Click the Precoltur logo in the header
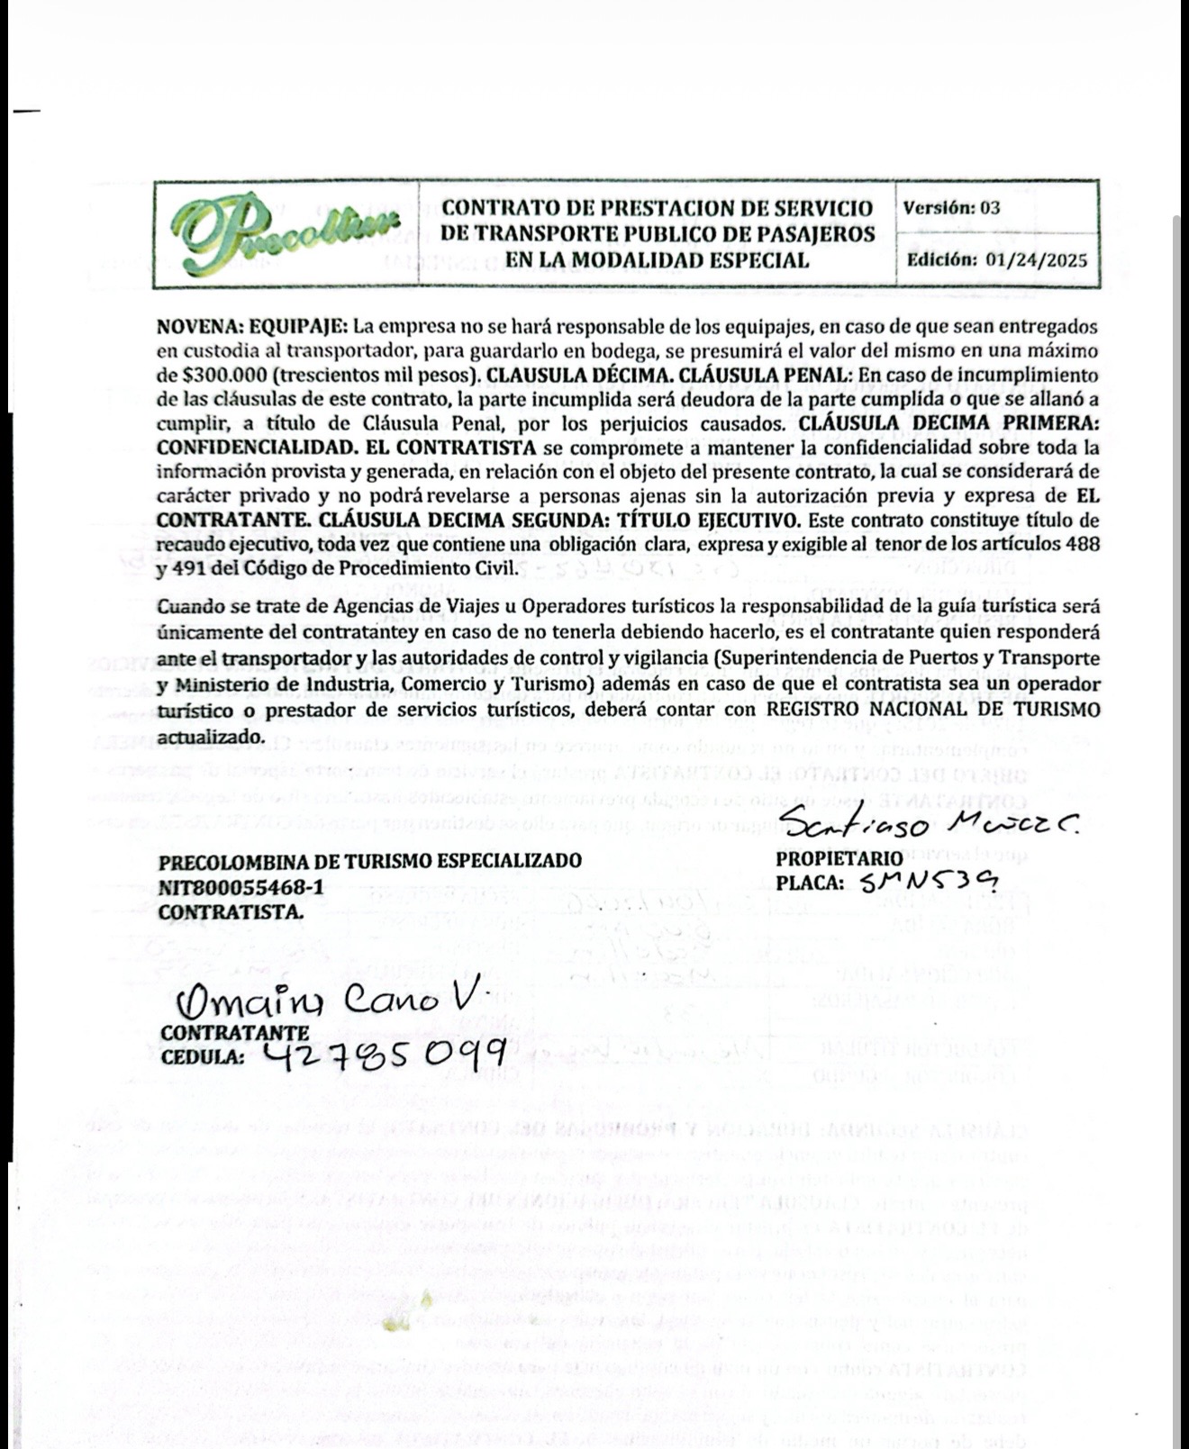point(286,234)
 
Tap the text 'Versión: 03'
point(951,208)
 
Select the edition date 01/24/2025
point(1037,261)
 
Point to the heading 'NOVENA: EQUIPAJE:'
point(252,326)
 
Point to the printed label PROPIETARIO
point(839,859)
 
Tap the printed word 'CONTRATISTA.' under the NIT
point(231,912)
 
